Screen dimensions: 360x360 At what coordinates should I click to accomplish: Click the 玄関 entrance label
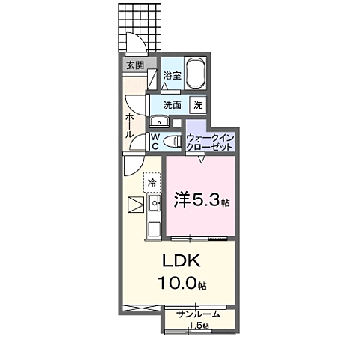[134, 64]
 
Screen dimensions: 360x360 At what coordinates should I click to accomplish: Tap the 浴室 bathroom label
[172, 75]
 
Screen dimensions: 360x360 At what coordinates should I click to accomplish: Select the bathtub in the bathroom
[196, 73]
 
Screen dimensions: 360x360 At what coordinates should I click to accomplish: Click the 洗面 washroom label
[172, 105]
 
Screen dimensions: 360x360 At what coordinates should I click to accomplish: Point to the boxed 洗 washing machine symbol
[198, 105]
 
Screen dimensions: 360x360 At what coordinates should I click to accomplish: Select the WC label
[154, 141]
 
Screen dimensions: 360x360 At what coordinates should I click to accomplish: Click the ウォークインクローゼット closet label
[211, 142]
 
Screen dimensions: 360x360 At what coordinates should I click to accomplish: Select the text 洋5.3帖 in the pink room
[202, 200]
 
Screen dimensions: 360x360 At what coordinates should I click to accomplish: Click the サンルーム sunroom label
[198, 313]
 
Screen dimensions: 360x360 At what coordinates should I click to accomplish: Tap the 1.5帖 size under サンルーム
[199, 325]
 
